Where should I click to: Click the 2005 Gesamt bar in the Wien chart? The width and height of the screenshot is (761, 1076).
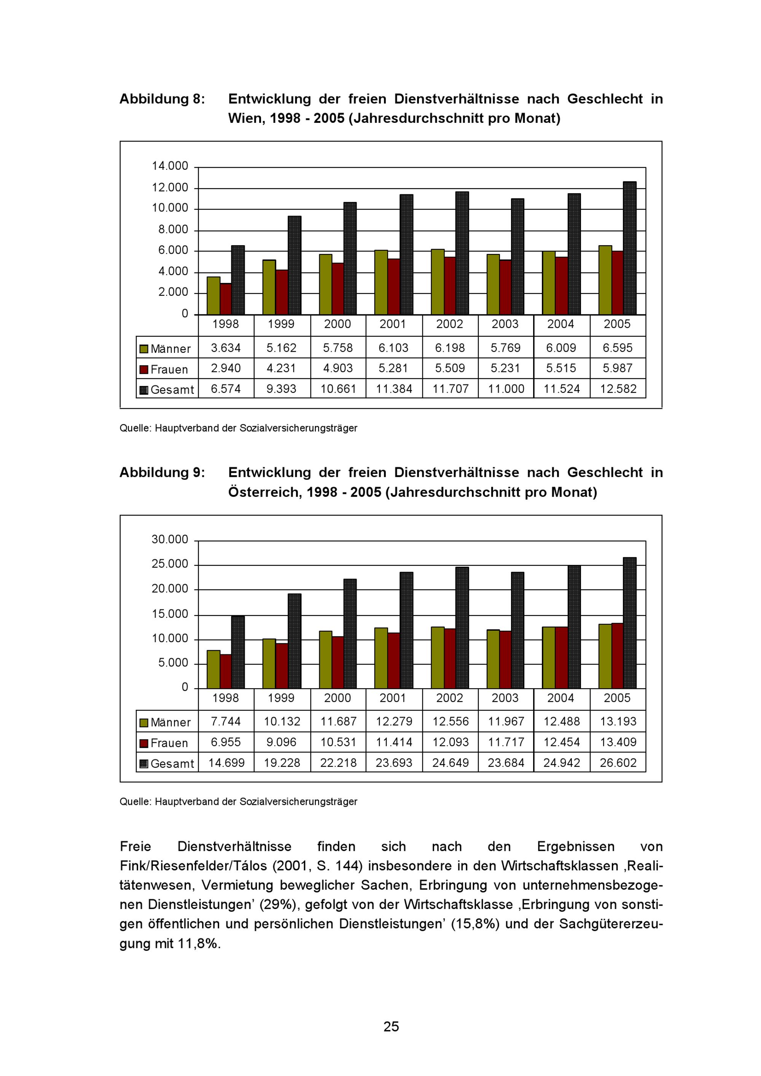pos(630,248)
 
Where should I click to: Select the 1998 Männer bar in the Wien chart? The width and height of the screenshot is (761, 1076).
pos(213,296)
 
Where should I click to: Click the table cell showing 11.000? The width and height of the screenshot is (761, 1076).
pos(506,389)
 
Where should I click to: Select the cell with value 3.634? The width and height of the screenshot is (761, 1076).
pos(226,348)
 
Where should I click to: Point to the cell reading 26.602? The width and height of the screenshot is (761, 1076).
pos(618,763)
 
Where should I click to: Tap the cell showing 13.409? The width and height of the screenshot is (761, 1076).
pos(618,742)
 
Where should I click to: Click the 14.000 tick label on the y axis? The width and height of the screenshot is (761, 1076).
pos(170,166)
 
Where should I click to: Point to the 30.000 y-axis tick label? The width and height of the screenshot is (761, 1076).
pos(170,540)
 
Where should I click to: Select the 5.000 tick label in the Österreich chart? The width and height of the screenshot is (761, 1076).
pos(173,663)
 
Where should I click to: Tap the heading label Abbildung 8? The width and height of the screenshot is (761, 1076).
pos(162,99)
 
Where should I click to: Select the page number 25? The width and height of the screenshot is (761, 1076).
pos(391,1027)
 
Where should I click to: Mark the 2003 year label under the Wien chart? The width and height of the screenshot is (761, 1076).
pos(505,324)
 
